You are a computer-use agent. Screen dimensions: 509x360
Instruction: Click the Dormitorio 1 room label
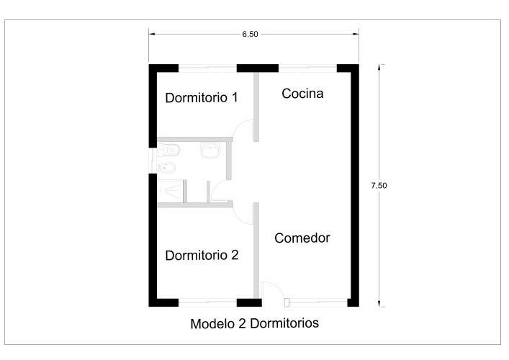pos(202,98)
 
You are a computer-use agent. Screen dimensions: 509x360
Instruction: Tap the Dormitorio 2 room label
pos(202,255)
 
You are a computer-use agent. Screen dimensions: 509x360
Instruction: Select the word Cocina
pos(302,94)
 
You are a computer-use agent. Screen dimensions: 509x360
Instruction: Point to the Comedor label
pos(302,238)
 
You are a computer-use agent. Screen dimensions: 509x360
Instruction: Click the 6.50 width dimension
pos(250,34)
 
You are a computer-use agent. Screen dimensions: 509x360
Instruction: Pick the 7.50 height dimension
pos(379,185)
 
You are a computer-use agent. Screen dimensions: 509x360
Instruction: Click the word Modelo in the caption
pos(214,324)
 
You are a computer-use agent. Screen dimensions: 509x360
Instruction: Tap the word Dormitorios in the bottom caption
pos(284,323)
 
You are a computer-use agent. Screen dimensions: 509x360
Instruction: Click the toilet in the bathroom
pos(168,150)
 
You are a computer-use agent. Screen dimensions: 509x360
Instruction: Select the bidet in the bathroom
pos(167,168)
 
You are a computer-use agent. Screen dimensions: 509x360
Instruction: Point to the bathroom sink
pos(210,150)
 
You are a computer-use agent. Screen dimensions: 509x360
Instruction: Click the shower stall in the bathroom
pos(171,192)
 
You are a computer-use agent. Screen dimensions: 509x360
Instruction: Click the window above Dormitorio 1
pos(207,68)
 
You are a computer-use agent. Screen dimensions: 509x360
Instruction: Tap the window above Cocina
pos(307,68)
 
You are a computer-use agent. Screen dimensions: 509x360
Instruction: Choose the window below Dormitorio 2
pos(207,303)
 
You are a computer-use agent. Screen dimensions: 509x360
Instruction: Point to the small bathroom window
pos(153,161)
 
